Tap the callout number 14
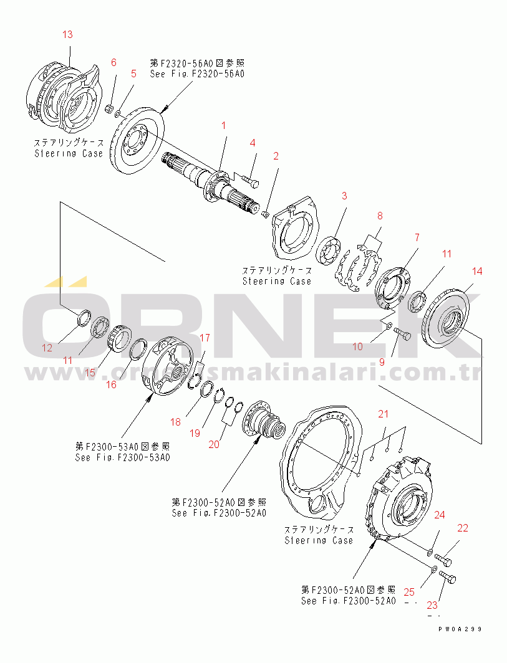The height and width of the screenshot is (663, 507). (476, 271)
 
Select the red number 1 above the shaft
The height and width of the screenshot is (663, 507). (222, 126)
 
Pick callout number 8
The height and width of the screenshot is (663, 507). (379, 216)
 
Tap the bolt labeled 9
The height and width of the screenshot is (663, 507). (402, 337)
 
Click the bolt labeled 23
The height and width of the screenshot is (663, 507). (447, 577)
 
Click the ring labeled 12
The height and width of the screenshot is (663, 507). (84, 318)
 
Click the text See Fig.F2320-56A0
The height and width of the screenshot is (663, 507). (196, 74)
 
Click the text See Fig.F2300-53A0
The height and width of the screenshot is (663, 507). (122, 457)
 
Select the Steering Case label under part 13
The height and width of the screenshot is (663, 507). (69, 153)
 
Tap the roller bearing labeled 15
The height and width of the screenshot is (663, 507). (118, 339)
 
